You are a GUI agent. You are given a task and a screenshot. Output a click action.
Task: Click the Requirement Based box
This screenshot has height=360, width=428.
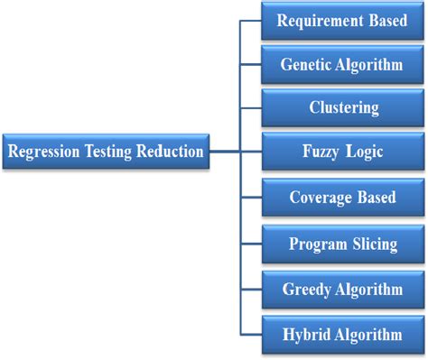342,21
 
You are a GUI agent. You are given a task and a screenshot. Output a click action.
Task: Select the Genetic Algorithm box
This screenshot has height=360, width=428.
342,65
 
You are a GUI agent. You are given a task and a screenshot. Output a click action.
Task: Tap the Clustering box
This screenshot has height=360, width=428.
343,108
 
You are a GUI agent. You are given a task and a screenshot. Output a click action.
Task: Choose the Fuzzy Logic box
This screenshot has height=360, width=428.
343,152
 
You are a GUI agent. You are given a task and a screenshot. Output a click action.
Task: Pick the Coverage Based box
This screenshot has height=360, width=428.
343,198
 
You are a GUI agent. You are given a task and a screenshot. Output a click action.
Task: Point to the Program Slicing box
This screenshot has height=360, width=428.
343,244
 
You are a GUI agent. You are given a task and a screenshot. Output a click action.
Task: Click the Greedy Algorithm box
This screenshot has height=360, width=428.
343,290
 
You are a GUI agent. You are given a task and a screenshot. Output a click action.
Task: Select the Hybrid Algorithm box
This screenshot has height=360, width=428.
343,335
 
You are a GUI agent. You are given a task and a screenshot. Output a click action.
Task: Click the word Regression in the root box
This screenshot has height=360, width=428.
44,152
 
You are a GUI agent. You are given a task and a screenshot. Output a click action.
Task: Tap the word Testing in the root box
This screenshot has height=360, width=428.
108,152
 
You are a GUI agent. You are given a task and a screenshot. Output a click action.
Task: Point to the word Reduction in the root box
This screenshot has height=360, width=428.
170,151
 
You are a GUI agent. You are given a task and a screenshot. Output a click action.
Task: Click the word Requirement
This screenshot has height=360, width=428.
320,21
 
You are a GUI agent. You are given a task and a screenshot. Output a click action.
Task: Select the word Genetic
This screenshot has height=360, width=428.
306,65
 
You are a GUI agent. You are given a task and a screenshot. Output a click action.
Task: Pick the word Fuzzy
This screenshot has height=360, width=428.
321,152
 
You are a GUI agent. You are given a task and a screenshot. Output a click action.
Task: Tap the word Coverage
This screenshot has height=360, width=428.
321,198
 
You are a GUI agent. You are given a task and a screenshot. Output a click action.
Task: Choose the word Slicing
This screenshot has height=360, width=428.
375,245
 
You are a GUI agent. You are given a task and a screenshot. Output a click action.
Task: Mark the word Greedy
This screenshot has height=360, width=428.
307,291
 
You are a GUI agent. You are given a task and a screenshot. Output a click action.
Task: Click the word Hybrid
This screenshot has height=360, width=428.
306,335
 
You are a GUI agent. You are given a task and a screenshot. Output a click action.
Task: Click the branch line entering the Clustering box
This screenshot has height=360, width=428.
251,108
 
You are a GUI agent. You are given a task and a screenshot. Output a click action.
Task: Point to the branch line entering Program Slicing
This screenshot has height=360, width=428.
251,244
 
